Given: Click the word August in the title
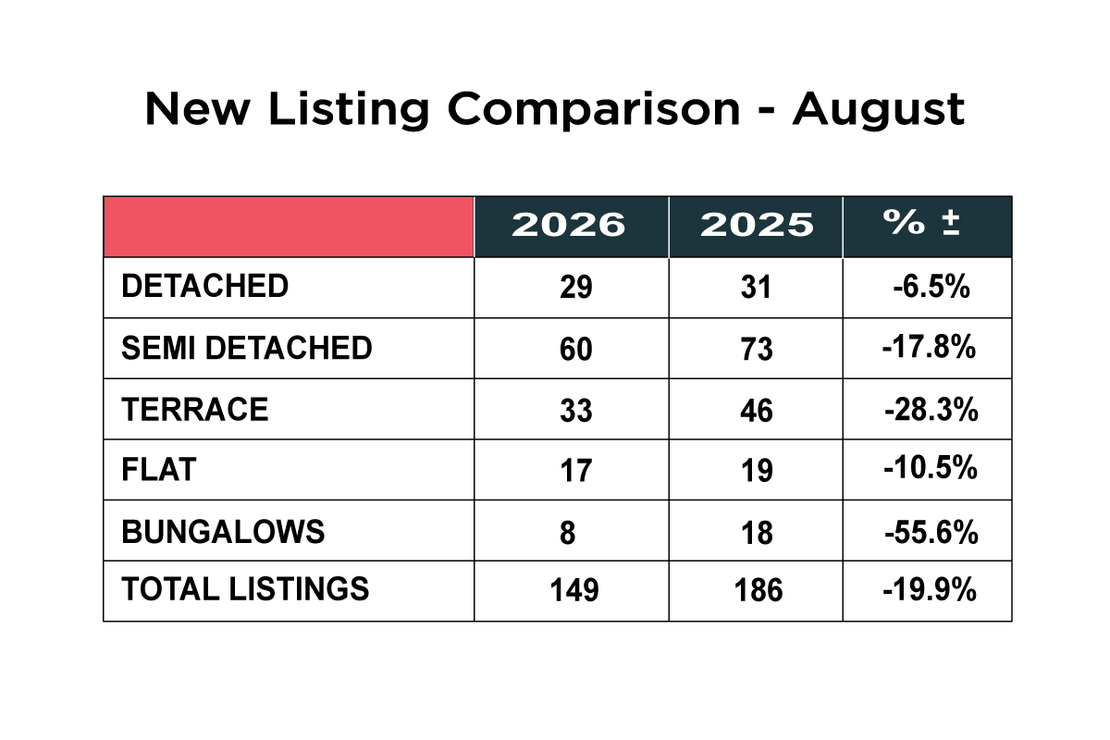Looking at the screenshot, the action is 879,110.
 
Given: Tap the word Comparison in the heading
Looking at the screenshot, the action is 594,110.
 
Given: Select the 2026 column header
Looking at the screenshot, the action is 568,225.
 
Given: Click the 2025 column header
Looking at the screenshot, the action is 757,225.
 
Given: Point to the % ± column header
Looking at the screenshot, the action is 921,222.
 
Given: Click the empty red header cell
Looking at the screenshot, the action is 289,227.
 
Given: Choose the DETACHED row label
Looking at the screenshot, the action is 204,286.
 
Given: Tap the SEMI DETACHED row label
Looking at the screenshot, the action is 247,348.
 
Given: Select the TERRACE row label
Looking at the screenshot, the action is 195,410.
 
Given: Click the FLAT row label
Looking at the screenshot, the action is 159,470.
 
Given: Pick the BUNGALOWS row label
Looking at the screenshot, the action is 223,532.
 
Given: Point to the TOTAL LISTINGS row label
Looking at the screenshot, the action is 245,589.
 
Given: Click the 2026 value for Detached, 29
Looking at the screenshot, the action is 575,288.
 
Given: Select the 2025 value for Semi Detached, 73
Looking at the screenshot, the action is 757,349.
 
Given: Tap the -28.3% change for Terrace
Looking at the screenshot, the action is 931,410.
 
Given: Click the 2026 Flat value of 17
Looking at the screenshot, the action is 575,471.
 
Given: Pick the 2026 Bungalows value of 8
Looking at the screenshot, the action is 568,534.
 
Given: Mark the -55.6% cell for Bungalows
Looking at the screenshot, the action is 931,533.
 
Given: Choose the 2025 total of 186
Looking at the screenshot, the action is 758,590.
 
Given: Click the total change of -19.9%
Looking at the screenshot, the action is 930,590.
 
